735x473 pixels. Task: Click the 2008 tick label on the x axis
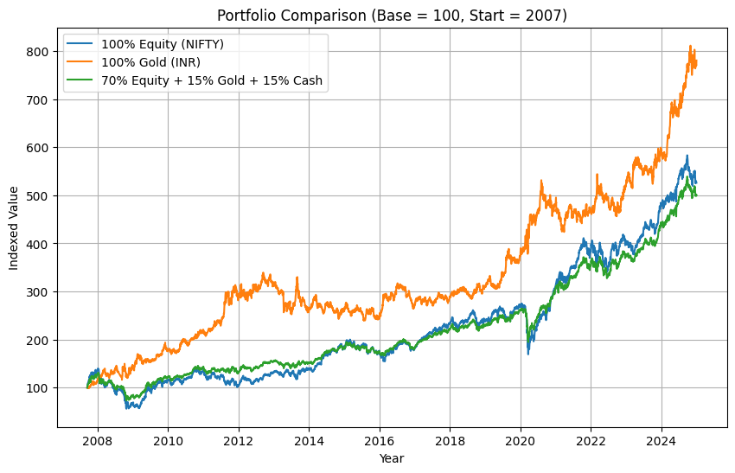click(x=98, y=440)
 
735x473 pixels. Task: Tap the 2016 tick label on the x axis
click(x=380, y=440)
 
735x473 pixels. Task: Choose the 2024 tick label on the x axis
click(x=661, y=440)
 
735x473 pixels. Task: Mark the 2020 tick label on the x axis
click(x=521, y=440)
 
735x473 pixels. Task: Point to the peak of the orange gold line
click(x=690, y=47)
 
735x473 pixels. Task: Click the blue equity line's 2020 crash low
click(x=528, y=353)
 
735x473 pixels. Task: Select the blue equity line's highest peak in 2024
click(x=687, y=157)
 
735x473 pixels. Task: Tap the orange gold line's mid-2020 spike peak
click(x=541, y=182)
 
